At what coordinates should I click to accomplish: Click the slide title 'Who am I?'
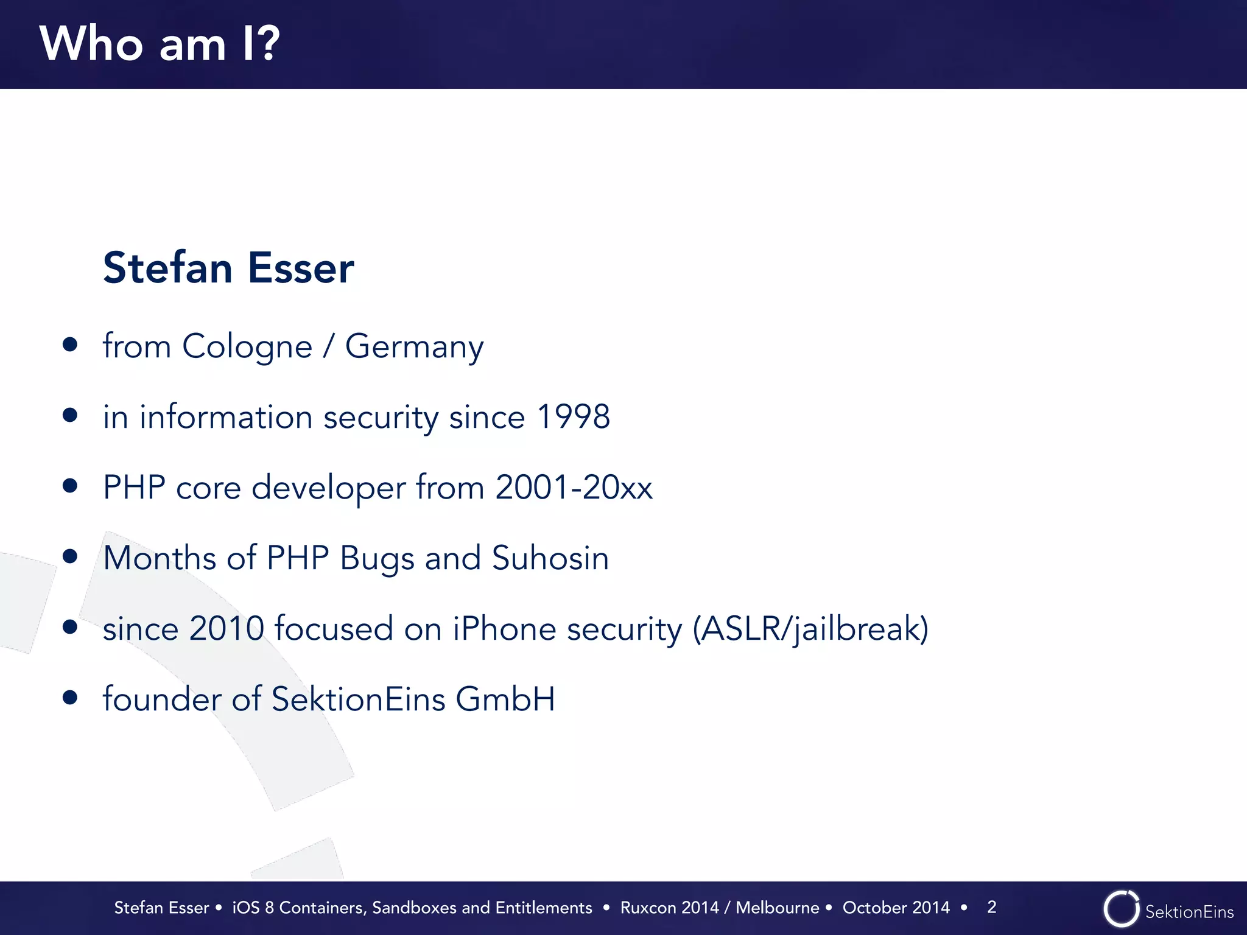[x=160, y=44]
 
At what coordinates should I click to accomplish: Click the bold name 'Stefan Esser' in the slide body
[x=228, y=268]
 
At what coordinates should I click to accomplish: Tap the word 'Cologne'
[x=247, y=346]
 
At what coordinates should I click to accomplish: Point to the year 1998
[x=573, y=417]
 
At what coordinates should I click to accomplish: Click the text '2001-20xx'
[x=574, y=488]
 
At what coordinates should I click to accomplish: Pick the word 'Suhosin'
[x=550, y=558]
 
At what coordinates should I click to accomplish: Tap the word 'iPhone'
[x=504, y=629]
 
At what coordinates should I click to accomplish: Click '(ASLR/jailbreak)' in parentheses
[x=810, y=629]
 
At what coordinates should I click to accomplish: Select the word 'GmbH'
[x=505, y=699]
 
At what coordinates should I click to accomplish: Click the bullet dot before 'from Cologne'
[x=70, y=345]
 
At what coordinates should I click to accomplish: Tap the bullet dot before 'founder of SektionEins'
[x=70, y=697]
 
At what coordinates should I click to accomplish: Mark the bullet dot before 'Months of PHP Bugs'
[x=70, y=556]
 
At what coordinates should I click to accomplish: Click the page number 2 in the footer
[x=991, y=907]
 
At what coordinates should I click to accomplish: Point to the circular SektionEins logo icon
[x=1121, y=909]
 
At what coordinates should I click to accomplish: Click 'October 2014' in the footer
[x=896, y=908]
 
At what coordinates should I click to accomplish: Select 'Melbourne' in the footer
[x=777, y=908]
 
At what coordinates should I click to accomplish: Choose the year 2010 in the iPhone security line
[x=226, y=629]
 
